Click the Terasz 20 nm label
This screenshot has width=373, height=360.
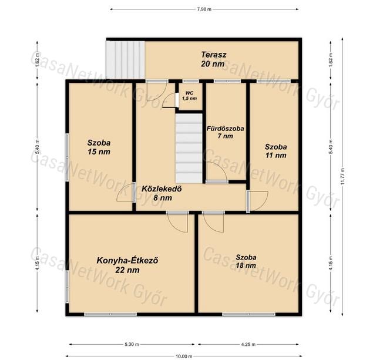[x=213, y=59]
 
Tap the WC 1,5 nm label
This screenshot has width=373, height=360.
[x=189, y=96]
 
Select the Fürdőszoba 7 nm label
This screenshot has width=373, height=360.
[x=225, y=132]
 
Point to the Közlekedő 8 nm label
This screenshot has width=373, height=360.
[x=162, y=193]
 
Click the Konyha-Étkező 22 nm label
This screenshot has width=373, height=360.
[x=127, y=265]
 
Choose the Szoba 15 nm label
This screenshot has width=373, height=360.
[x=99, y=147]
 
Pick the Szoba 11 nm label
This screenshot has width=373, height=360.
[x=275, y=151]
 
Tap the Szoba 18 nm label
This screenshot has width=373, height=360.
[x=246, y=261]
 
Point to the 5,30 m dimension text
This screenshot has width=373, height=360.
[x=132, y=344]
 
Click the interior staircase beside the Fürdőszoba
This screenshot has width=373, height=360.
[x=189, y=149]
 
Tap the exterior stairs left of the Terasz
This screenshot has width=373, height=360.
[x=125, y=60]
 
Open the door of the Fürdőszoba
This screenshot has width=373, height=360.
[x=217, y=172]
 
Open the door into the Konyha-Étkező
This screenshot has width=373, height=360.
[x=177, y=222]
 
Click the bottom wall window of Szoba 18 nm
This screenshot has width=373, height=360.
[x=249, y=314]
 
